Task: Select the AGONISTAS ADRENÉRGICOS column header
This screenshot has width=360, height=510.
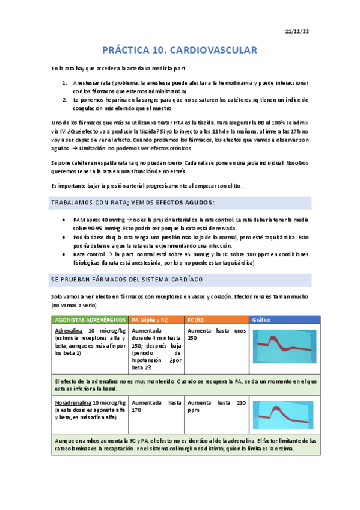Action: point(90,319)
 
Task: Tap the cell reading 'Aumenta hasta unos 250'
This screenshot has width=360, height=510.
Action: point(216,334)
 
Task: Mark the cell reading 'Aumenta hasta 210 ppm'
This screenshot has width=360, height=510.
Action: point(216,406)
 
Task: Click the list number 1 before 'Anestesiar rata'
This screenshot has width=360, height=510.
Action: point(65,82)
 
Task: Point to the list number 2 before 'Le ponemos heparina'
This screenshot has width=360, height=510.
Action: point(65,99)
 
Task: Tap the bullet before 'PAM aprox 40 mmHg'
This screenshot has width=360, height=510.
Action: point(65,221)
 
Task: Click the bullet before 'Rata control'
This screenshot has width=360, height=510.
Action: point(65,254)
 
